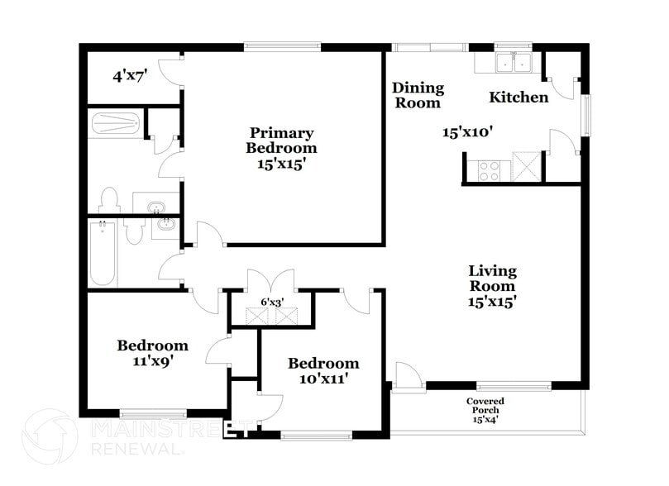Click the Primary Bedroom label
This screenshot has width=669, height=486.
[x=281, y=148]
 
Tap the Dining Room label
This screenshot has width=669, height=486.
[x=418, y=95]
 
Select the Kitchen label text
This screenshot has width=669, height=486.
[x=518, y=98]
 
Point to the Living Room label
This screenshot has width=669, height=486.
[x=492, y=286]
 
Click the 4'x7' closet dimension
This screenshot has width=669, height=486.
[x=130, y=76]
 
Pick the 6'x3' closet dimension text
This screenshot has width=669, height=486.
[x=272, y=303]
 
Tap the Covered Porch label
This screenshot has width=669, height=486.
[x=485, y=410]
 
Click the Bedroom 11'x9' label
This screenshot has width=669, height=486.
[x=152, y=353]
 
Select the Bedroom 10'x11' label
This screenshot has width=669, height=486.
[x=323, y=371]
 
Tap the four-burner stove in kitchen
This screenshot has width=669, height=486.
[x=489, y=169]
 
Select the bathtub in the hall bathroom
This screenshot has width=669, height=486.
[x=103, y=253]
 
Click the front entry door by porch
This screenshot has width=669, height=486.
[x=408, y=377]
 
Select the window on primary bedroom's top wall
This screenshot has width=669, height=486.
[x=282, y=47]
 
